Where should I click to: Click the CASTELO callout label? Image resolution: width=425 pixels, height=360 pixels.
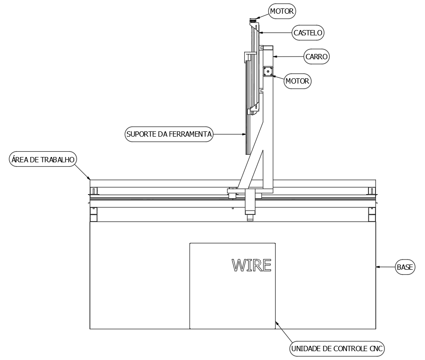pyautogui.click(x=308, y=32)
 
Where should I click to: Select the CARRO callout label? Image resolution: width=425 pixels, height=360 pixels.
pyautogui.click(x=317, y=57)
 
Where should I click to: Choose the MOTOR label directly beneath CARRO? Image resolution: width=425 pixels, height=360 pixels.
pyautogui.click(x=297, y=81)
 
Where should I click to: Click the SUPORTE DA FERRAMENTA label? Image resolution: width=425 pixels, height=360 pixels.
pyautogui.click(x=169, y=134)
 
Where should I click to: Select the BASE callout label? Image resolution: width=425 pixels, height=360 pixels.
pyautogui.click(x=405, y=267)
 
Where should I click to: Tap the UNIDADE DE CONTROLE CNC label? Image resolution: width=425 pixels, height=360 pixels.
pyautogui.click(x=337, y=349)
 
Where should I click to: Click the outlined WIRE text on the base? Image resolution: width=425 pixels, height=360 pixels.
pyautogui.click(x=251, y=265)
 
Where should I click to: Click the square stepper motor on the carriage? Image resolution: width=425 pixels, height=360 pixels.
pyautogui.click(x=268, y=72)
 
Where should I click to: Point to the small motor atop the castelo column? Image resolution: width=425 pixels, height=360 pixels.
pyautogui.click(x=253, y=20)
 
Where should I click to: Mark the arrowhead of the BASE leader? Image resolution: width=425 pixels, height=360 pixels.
pyautogui.click(x=377, y=267)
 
